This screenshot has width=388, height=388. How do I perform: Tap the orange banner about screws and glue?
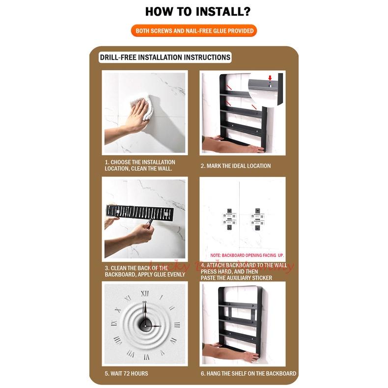[x=194, y=31]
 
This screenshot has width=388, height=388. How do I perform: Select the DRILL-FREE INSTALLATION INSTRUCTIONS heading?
[x=165, y=57]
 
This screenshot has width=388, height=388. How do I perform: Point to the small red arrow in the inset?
[x=270, y=78]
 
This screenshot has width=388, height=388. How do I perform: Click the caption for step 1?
[x=139, y=166]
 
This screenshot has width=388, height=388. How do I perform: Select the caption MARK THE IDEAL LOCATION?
[x=235, y=166]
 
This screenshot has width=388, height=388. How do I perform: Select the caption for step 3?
[x=144, y=271]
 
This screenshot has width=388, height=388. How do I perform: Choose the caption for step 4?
[x=244, y=272]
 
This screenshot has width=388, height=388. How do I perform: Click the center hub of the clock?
[x=145, y=324]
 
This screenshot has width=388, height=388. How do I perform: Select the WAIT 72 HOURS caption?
[x=126, y=374]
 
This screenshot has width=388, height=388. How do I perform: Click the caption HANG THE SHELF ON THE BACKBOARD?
[x=248, y=374]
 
